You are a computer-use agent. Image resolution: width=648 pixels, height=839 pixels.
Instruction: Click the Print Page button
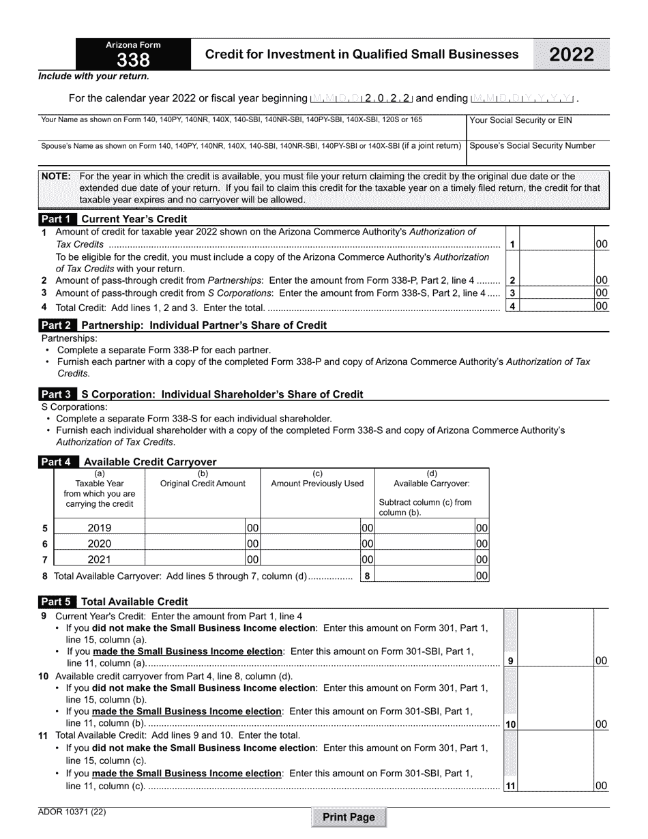[349, 817]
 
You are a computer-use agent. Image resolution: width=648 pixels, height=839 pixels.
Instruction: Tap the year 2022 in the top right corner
[572, 55]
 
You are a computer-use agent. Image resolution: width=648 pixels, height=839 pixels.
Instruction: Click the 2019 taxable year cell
[100, 528]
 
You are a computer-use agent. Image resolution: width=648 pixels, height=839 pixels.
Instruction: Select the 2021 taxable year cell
[100, 560]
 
